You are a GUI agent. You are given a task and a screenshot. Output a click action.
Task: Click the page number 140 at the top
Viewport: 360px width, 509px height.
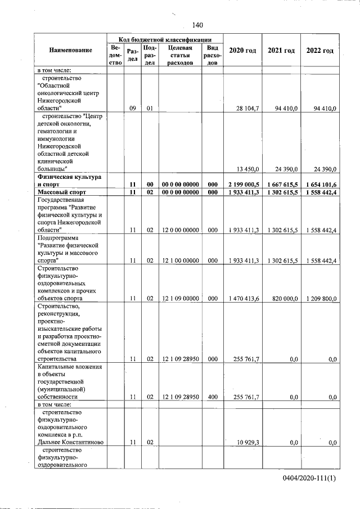tap(197, 25)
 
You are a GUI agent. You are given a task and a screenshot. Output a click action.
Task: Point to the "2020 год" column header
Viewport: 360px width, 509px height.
tap(242, 51)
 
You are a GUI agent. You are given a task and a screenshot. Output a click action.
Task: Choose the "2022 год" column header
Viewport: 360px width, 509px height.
tap(319, 51)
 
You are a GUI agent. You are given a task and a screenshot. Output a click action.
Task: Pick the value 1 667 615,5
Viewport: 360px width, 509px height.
tap(282, 184)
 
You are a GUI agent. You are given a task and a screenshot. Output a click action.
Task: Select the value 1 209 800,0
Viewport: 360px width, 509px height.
tap(320, 299)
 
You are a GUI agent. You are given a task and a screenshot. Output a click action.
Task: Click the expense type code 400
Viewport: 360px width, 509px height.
tap(212, 397)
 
